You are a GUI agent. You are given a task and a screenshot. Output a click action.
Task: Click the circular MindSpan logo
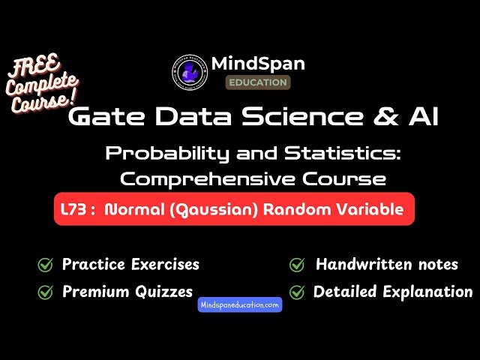pos(187,73)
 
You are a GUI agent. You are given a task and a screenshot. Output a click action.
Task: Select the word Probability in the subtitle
pos(156,154)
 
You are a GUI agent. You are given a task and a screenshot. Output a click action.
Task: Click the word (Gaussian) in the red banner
pos(202,210)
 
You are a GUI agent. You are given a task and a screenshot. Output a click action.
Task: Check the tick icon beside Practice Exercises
pos(45,265)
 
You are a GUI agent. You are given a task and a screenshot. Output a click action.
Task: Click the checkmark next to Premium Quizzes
pos(45,292)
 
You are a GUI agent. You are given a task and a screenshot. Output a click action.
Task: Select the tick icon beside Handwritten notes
pos(298,265)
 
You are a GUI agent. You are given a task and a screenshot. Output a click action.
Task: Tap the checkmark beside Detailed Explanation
pos(298,292)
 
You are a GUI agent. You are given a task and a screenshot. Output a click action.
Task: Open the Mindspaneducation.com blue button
pos(240,305)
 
